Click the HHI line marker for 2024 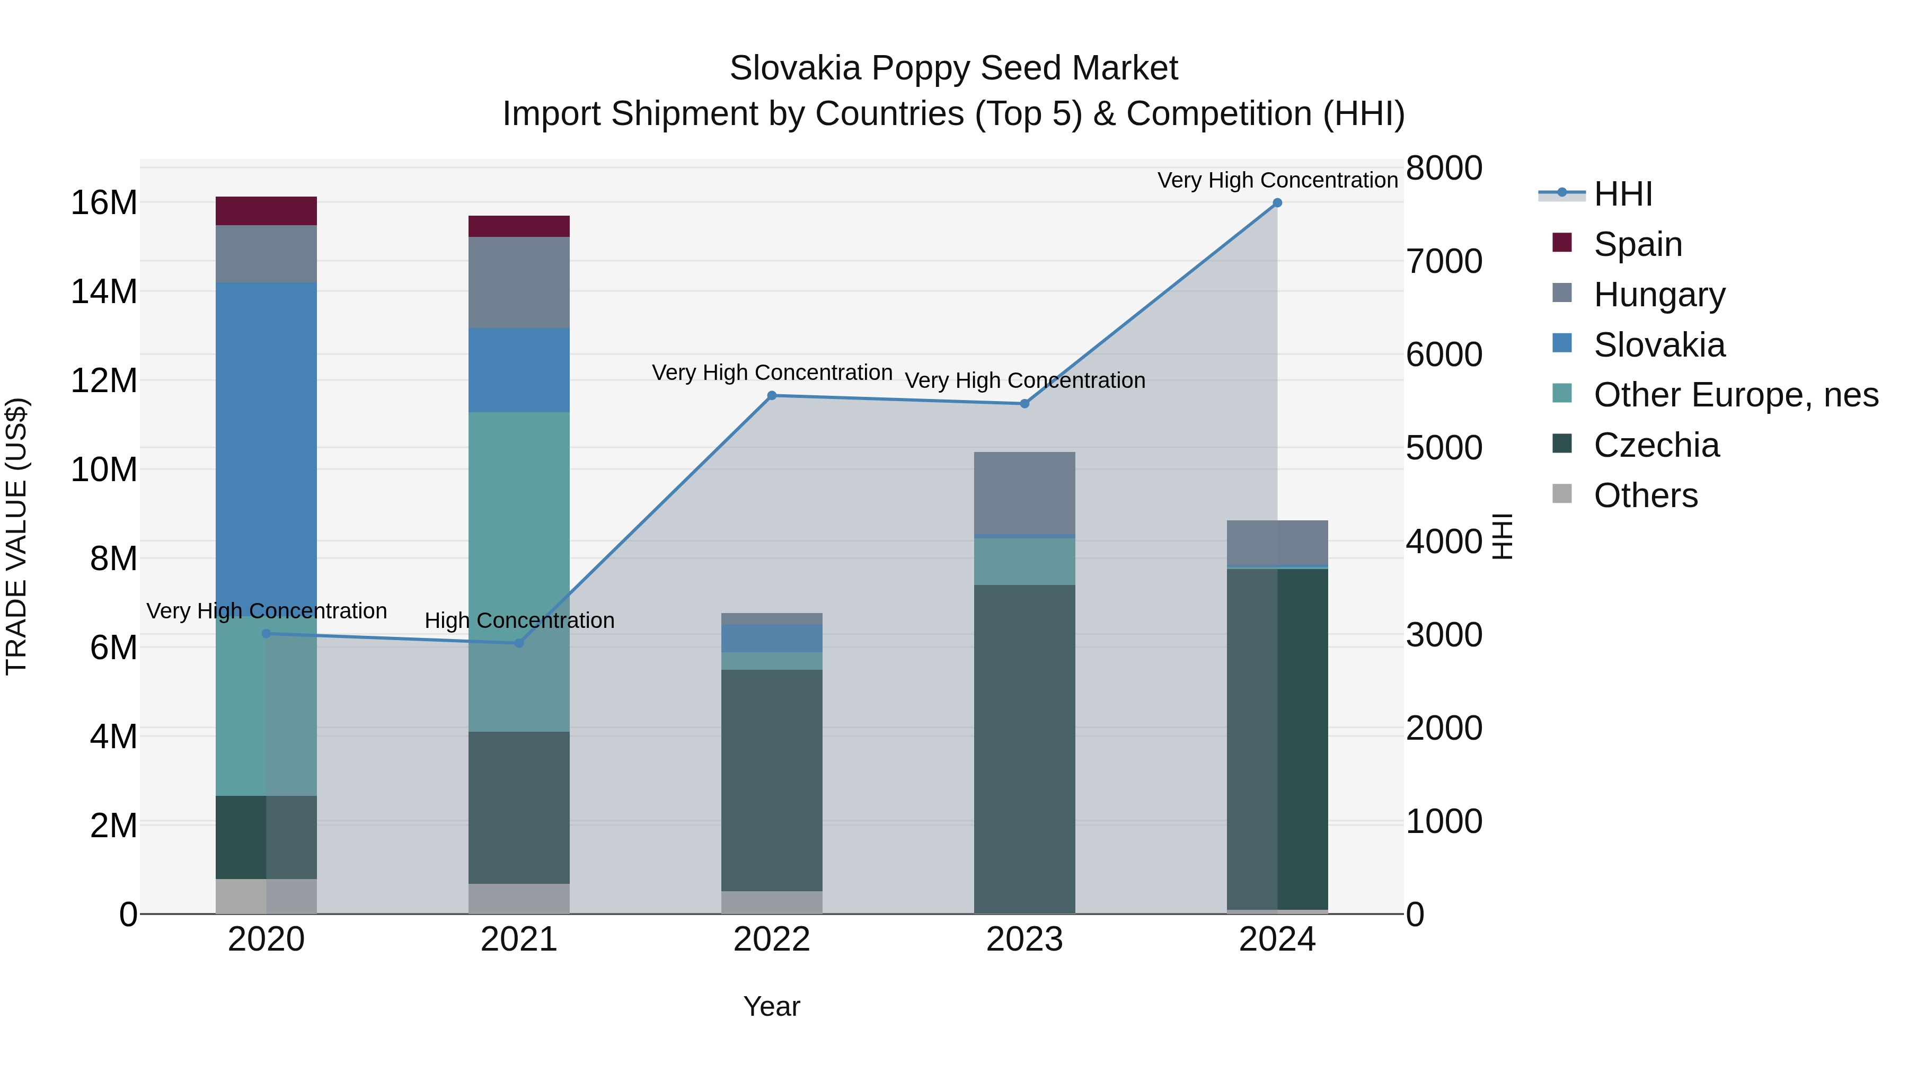pos(1277,203)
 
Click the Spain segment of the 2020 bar pos(266,211)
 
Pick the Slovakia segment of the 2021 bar pos(518,369)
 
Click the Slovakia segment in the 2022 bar pos(772,637)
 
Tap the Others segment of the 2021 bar pos(518,898)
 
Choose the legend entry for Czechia pos(1655,445)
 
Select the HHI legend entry pos(1622,194)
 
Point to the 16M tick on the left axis pos(104,203)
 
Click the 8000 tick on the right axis pos(1444,168)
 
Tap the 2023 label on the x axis pos(1024,939)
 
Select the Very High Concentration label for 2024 pos(1277,180)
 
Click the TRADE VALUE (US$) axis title pos(17,536)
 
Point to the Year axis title pos(772,1006)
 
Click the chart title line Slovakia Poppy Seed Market pos(953,68)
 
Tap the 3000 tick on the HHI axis pos(1444,635)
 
